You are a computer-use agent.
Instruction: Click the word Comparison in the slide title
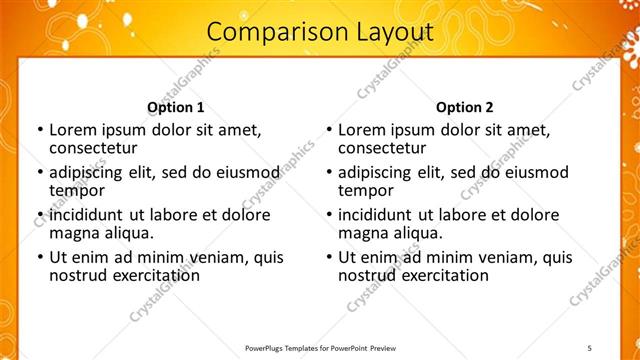(264, 33)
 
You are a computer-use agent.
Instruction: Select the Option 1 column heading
(176, 107)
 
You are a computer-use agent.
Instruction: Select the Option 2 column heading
(465, 107)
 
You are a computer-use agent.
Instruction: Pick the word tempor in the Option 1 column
(77, 190)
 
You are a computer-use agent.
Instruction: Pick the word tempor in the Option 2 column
(366, 190)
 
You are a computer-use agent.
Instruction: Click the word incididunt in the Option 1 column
(88, 215)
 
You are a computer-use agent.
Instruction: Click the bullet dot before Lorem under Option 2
(328, 131)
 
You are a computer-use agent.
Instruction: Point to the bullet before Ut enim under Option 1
(39, 258)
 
